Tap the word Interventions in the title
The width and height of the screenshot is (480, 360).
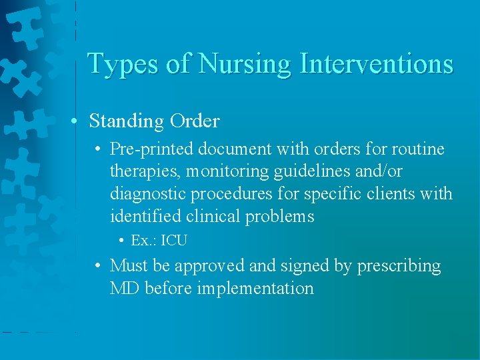[x=377, y=64]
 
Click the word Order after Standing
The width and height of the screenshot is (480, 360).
[x=195, y=121]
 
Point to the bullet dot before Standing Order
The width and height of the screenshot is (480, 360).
[x=77, y=121]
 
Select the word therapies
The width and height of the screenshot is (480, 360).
[x=145, y=172]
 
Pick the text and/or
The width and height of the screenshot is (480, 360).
[x=378, y=171]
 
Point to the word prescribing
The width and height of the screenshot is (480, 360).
[x=399, y=266]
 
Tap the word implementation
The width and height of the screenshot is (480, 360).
[x=256, y=289]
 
